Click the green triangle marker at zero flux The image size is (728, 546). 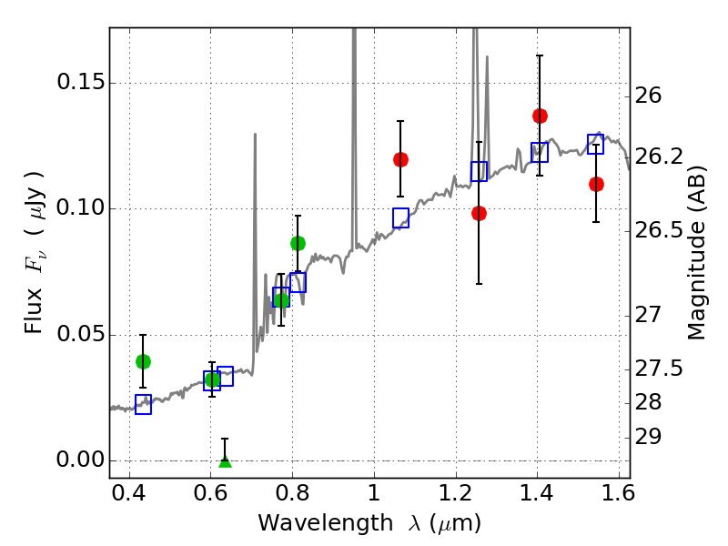225,462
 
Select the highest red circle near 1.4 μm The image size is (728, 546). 540,116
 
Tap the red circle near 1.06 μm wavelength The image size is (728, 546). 400,160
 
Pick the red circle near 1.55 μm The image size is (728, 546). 597,185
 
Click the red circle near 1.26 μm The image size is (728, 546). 480,214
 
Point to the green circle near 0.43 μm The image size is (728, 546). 144,361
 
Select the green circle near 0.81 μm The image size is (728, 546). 298,243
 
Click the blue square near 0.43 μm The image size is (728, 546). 144,404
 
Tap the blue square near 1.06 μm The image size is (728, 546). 400,218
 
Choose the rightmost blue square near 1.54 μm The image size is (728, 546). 596,144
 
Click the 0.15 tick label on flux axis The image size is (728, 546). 80,82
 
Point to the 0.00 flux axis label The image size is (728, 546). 80,460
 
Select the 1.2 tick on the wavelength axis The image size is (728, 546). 456,492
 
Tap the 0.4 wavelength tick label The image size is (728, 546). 129,492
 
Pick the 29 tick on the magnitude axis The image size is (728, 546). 648,437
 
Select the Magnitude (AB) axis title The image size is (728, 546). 695,253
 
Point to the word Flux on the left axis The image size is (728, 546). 34,310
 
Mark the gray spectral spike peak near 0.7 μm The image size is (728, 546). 255,135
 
